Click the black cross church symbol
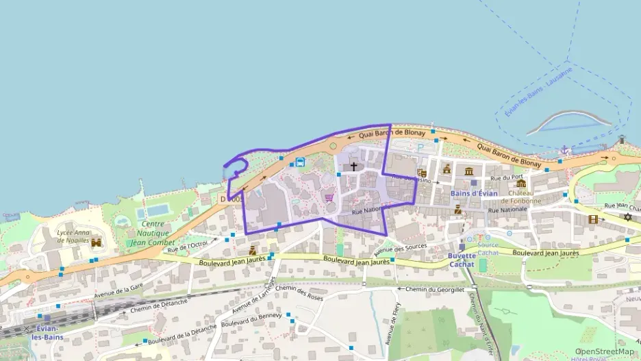(x=354, y=166)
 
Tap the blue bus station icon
(x=300, y=162)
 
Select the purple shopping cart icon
(x=329, y=197)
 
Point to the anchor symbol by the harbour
(x=565, y=149)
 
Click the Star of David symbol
(x=627, y=217)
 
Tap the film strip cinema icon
(x=593, y=219)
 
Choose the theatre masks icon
(x=422, y=174)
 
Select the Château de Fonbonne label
(x=520, y=197)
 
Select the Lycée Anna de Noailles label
(x=73, y=236)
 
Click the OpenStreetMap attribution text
(x=604, y=351)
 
